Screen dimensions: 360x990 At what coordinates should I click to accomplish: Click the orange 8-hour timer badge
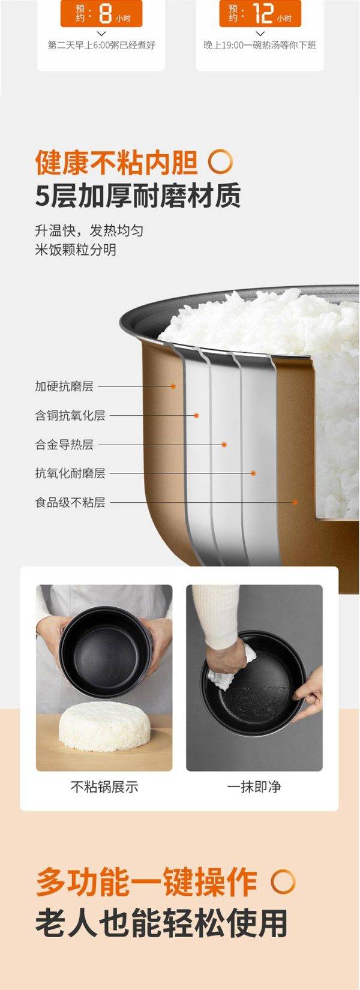pyautogui.click(x=101, y=13)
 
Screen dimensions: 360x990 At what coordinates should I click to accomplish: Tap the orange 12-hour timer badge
pyautogui.click(x=260, y=13)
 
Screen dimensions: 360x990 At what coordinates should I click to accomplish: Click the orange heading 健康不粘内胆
pyautogui.click(x=116, y=163)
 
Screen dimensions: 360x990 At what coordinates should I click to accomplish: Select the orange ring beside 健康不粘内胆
pyautogui.click(x=220, y=162)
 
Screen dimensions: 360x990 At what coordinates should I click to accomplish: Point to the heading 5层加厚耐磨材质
pyautogui.click(x=138, y=195)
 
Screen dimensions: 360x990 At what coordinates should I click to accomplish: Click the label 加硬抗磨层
pyautogui.click(x=64, y=386)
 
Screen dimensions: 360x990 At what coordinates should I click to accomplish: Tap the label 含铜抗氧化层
pyautogui.click(x=70, y=415)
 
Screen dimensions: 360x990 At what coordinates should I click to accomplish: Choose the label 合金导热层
pyautogui.click(x=64, y=444)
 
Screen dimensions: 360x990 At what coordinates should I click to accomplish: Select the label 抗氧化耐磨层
pyautogui.click(x=70, y=473)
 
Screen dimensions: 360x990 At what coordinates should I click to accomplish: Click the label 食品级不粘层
pyautogui.click(x=70, y=503)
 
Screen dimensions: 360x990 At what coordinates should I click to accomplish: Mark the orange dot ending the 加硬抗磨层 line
pyautogui.click(x=173, y=386)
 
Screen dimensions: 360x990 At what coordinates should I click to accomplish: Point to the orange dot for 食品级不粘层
pyautogui.click(x=295, y=502)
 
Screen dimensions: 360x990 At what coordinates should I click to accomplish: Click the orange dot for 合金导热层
pyautogui.click(x=224, y=445)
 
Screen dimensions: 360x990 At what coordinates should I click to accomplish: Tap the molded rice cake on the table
pyautogui.click(x=104, y=726)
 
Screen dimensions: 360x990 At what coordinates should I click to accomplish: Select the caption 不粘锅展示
pyautogui.click(x=104, y=787)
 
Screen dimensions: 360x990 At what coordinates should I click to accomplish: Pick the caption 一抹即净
pyautogui.click(x=254, y=787)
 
